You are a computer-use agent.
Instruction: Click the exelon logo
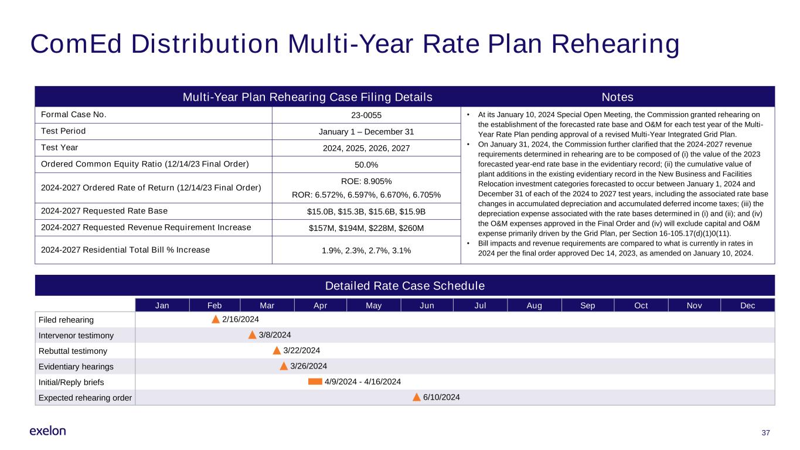(47, 431)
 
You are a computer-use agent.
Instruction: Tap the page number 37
(765, 433)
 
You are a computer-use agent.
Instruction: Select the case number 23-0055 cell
(366, 115)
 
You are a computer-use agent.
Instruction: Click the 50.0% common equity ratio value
(366, 165)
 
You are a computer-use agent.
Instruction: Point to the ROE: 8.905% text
(366, 182)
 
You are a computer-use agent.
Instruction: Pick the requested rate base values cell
(366, 212)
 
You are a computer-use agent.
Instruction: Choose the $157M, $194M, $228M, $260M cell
(366, 228)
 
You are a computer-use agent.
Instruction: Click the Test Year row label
(59, 148)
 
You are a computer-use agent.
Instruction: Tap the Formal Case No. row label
(74, 115)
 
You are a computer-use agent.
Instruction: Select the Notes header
(618, 97)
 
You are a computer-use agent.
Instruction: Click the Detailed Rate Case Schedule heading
(405, 286)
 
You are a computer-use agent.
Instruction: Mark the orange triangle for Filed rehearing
(215, 319)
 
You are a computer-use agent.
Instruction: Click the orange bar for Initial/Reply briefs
(315, 382)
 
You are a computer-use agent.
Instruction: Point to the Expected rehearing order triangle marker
(417, 397)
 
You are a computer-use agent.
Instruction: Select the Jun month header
(427, 306)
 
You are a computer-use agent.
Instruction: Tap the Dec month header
(747, 306)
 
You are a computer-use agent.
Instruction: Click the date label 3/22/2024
(301, 351)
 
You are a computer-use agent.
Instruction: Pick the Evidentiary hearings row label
(76, 367)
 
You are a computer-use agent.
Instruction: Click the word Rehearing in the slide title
(615, 45)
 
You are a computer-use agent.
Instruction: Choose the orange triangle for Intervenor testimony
(252, 335)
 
